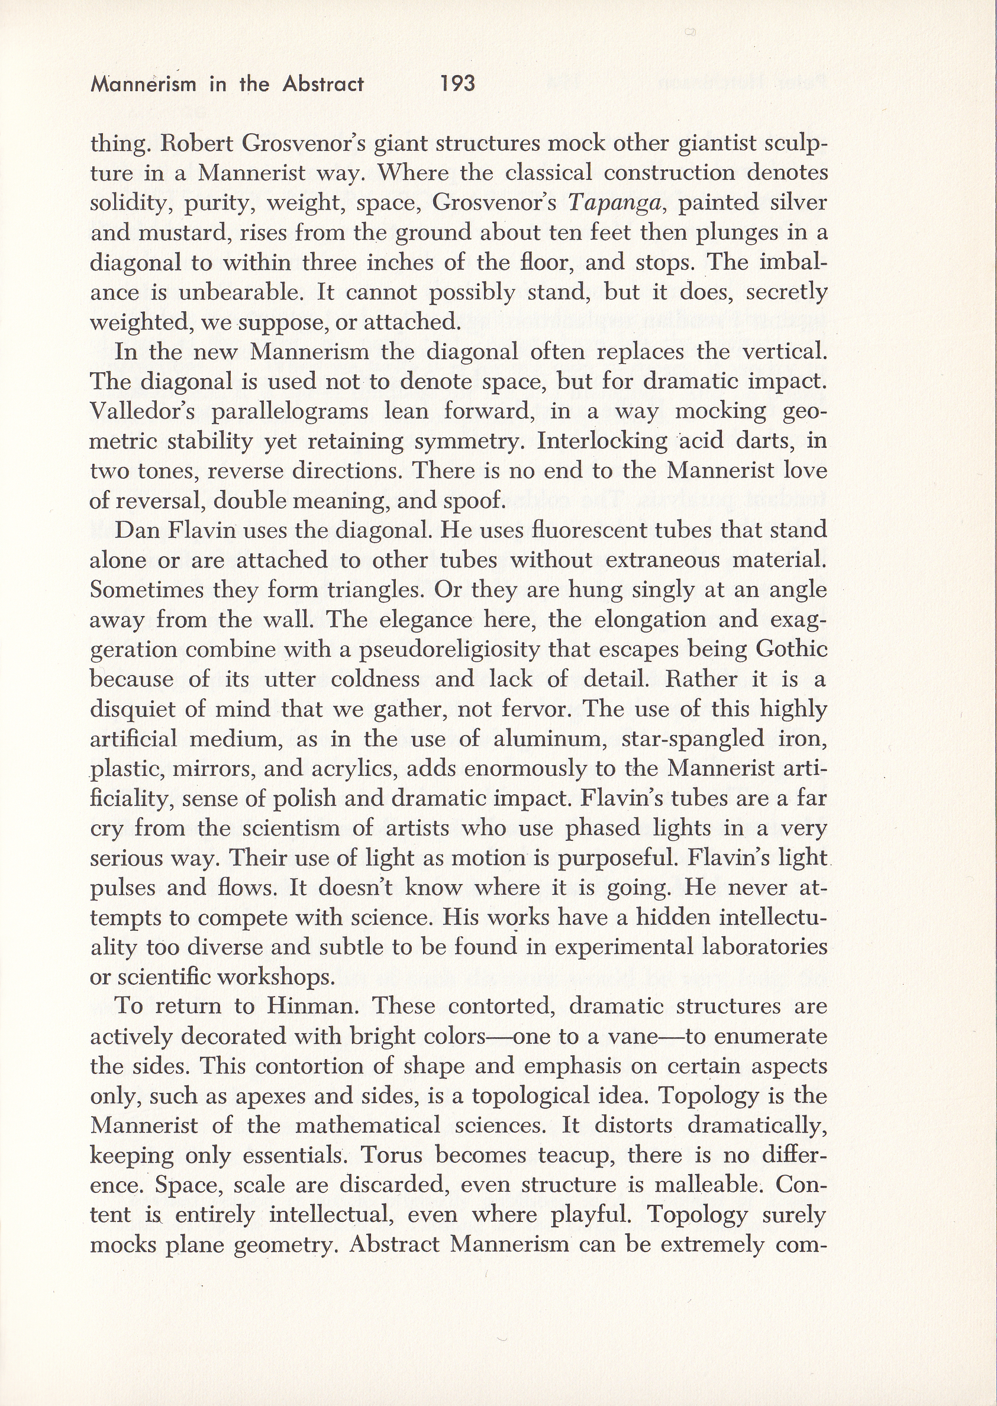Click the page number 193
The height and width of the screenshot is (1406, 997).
[458, 83]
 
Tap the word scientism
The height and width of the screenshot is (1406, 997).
[287, 828]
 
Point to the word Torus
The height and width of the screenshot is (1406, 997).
[392, 1156]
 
